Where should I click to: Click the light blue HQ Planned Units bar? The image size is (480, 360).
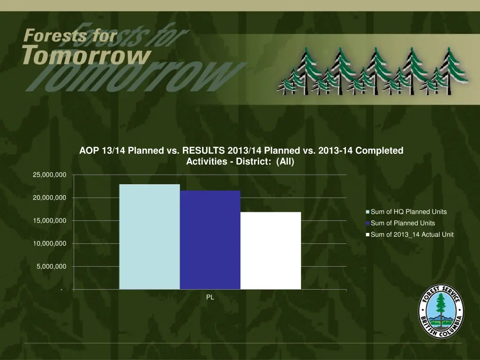150,237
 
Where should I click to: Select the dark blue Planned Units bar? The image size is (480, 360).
210,240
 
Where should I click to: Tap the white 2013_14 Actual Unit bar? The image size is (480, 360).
270,250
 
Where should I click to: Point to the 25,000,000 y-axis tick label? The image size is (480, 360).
49,175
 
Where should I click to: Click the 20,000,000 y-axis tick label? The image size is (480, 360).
49,198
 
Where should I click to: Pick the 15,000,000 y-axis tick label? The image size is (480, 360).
49,221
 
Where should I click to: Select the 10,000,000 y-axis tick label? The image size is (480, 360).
49,244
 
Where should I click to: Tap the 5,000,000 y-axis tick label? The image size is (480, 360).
52,267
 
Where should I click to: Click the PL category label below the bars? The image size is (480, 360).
210,297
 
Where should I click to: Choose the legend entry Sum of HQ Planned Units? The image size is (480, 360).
408,212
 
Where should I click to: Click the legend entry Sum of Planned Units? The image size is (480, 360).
402,223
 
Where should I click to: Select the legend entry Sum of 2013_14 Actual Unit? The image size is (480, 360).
412,234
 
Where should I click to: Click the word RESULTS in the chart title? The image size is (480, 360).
203,151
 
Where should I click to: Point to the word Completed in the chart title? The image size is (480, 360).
379,151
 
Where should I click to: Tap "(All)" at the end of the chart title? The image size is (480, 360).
285,162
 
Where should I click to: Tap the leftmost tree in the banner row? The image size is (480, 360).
286,82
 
